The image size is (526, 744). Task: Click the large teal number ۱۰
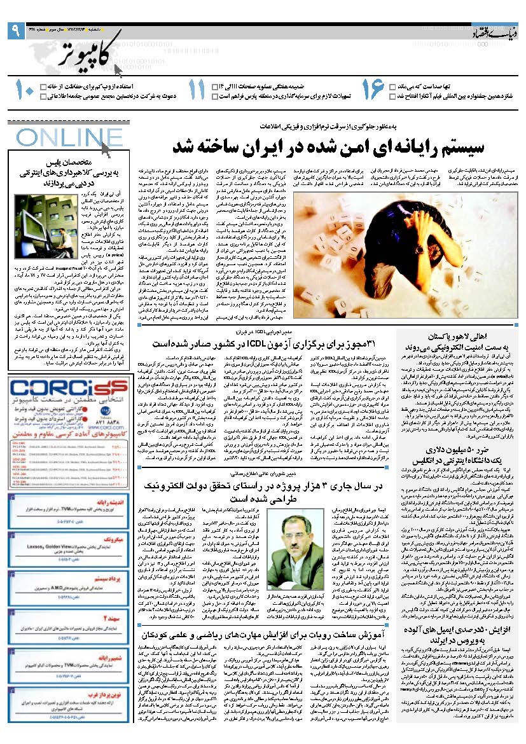coord(24,90)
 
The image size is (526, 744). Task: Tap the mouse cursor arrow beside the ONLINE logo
coord(106,149)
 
